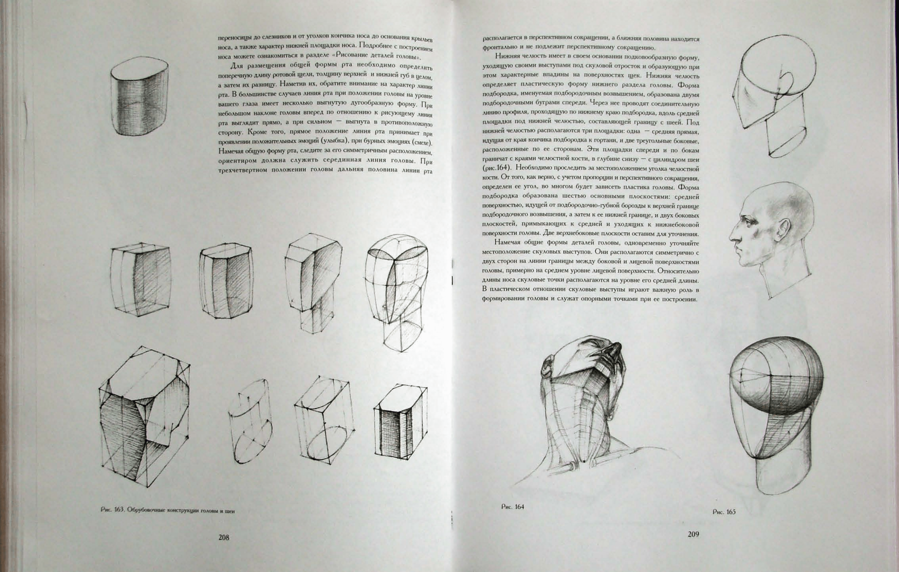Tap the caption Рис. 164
(513, 507)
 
